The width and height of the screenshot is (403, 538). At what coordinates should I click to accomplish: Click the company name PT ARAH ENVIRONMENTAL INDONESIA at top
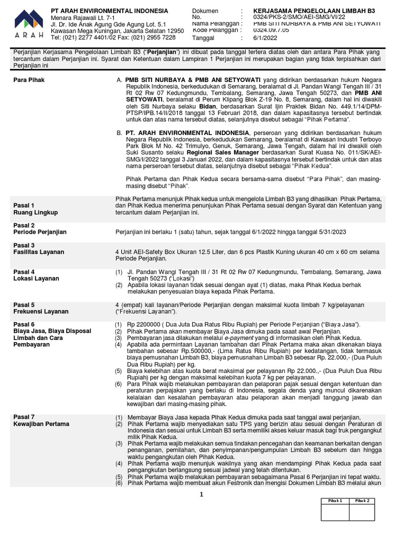point(109,11)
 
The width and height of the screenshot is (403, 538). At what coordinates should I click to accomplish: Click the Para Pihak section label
point(29,80)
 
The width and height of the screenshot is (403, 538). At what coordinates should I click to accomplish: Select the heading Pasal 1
point(24,205)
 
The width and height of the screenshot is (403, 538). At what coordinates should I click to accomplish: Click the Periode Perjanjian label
point(40,232)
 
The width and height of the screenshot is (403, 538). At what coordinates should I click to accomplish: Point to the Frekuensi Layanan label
point(41,312)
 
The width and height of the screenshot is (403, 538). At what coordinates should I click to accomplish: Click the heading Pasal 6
point(24,324)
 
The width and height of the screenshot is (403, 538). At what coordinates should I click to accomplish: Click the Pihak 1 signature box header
point(335,501)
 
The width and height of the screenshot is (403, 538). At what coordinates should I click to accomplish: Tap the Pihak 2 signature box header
point(362,501)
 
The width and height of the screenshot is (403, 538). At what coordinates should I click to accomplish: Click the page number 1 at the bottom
point(201,494)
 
